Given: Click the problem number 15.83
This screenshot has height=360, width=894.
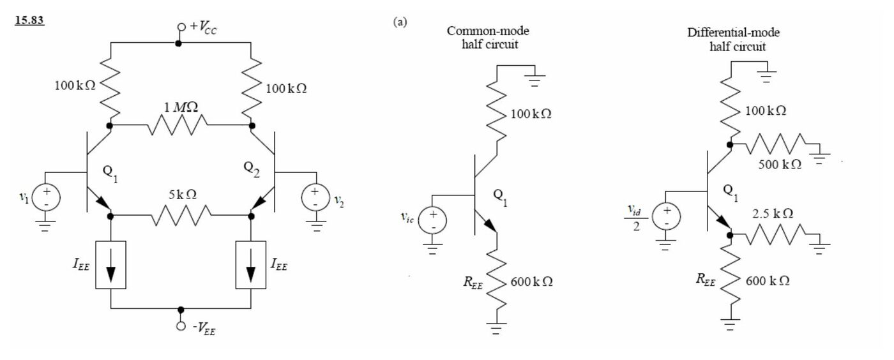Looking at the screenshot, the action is tap(29, 20).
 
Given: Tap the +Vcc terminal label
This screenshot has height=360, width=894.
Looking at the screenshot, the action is tap(203, 27).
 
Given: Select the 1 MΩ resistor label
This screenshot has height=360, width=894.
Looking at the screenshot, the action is tap(181, 107).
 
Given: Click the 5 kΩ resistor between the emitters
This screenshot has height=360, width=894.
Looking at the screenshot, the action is tap(181, 216).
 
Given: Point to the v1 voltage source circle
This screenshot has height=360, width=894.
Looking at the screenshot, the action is tap(46, 197).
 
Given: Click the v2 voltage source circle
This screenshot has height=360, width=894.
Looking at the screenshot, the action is tap(315, 197).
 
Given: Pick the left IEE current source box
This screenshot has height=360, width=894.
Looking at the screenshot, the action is tap(110, 265).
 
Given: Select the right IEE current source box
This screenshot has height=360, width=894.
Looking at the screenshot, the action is tap(250, 265).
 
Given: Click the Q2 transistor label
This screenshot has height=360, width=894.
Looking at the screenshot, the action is tap(252, 169).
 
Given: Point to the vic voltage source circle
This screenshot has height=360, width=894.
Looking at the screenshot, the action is tap(432, 221).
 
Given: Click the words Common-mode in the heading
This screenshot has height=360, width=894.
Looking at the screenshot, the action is tap(488, 31).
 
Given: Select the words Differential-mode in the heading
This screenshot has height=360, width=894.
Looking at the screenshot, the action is tap(733, 33).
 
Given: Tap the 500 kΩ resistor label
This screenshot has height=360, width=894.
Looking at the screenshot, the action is tap(780, 165).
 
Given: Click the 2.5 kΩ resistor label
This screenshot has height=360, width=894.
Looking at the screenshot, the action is tap(773, 214).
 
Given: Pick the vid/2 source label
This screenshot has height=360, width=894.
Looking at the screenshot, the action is tap(636, 218).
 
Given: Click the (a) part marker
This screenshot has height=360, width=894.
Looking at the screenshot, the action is tap(400, 22).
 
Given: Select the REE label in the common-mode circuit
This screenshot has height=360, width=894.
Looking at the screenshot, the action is tap(473, 283).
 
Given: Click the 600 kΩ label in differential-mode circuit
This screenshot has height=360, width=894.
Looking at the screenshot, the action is tap(768, 281).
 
